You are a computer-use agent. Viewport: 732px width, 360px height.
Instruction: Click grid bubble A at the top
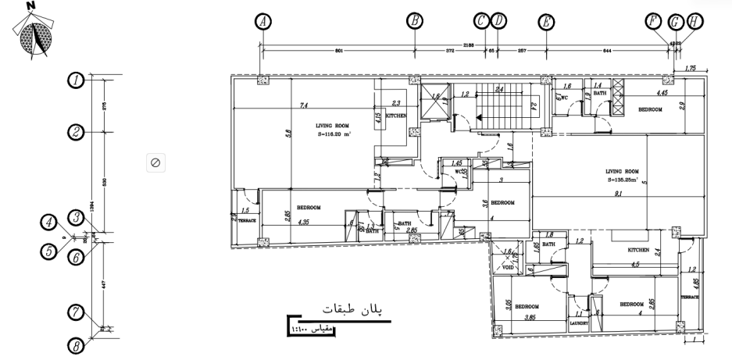tap(264, 21)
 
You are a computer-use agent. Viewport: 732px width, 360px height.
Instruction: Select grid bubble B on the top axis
tap(415, 21)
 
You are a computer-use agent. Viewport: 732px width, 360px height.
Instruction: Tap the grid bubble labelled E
tap(546, 21)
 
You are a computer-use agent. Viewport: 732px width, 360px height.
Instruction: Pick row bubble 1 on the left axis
tap(76, 79)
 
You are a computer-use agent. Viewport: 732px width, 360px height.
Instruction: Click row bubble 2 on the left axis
tap(76, 132)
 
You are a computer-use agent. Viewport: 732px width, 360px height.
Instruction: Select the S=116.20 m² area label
tap(334, 134)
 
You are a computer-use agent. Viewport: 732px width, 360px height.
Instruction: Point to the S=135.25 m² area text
tap(623, 179)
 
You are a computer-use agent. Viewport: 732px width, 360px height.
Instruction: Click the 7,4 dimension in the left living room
tap(302, 105)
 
